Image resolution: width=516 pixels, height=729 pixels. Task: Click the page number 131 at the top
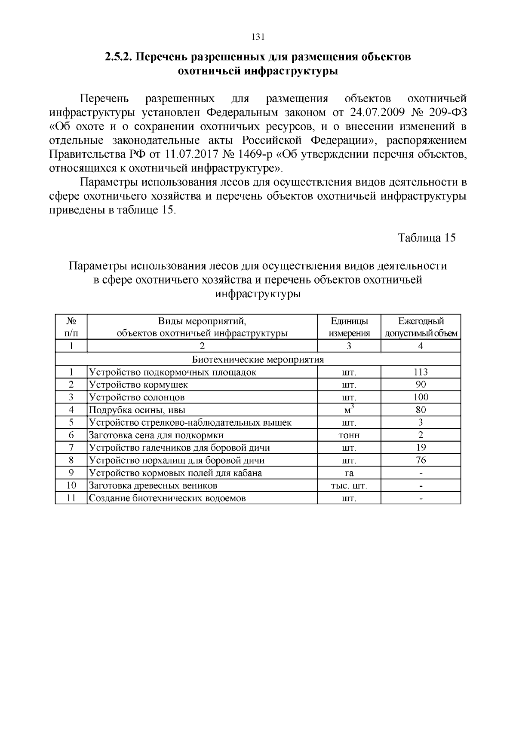(257, 37)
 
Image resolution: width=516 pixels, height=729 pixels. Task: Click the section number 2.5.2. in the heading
(119, 57)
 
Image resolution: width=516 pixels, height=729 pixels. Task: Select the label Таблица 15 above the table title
(426, 238)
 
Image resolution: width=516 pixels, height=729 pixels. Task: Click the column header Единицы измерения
(349, 327)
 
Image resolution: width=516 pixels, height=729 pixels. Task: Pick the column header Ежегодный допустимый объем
(421, 327)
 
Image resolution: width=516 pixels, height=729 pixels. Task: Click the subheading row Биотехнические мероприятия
(258, 359)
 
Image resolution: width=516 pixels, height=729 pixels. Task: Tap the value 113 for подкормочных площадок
(421, 372)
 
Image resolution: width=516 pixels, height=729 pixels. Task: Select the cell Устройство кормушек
(138, 384)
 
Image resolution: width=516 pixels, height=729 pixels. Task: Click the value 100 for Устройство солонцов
(421, 397)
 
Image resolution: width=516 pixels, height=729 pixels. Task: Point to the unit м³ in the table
(349, 409)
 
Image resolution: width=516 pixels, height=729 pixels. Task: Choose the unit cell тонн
(349, 435)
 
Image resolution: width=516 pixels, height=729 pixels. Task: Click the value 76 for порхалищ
(421, 460)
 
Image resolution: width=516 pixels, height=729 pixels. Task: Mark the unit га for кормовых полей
(349, 473)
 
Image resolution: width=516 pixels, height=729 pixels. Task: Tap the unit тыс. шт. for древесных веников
(349, 486)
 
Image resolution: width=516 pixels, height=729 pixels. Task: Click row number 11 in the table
(71, 498)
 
